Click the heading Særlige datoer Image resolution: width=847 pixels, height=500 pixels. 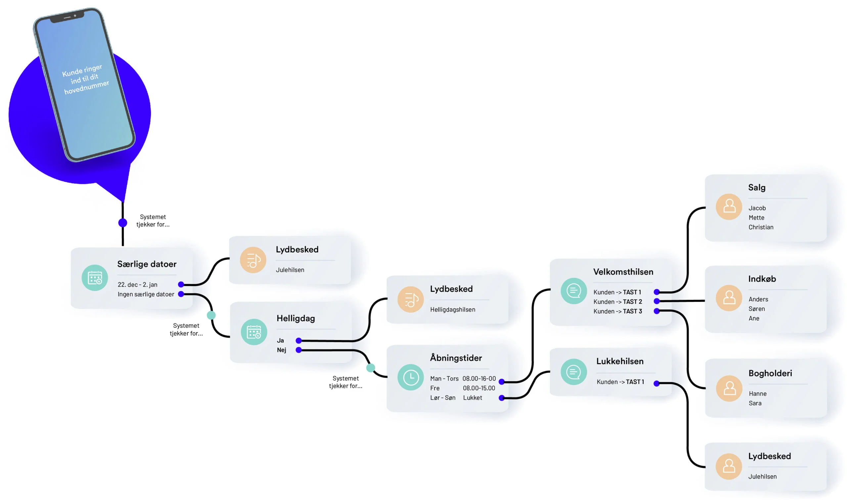pyautogui.click(x=147, y=264)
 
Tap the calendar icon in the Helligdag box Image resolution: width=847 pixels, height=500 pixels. pyautogui.click(x=254, y=332)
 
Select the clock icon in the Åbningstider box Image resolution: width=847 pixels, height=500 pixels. pyautogui.click(x=411, y=377)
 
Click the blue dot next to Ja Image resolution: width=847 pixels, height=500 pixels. pyautogui.click(x=299, y=341)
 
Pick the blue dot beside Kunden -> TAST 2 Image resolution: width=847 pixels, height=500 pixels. pyautogui.click(x=656, y=301)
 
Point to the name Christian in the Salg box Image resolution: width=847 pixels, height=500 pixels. pyautogui.click(x=761, y=227)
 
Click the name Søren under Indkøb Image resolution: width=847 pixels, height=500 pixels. pyautogui.click(x=757, y=309)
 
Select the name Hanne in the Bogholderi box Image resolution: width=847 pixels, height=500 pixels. pyautogui.click(x=757, y=394)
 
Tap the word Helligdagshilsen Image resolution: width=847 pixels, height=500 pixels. pyautogui.click(x=452, y=309)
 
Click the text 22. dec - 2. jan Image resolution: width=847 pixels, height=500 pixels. pyautogui.click(x=137, y=285)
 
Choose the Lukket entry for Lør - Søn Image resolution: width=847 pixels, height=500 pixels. pyautogui.click(x=472, y=397)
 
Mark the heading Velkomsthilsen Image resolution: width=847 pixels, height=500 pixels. pyautogui.click(x=623, y=271)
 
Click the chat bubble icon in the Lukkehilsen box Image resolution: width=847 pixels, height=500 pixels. pyautogui.click(x=573, y=372)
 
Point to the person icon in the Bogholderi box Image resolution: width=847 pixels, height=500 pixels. pyautogui.click(x=729, y=389)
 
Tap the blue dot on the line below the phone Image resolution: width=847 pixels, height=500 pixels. pyautogui.click(x=123, y=223)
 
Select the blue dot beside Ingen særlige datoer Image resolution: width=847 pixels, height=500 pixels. pyautogui.click(x=181, y=294)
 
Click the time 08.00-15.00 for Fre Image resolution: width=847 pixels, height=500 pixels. pyautogui.click(x=479, y=388)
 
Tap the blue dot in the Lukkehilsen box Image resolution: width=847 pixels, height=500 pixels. pyautogui.click(x=656, y=383)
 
